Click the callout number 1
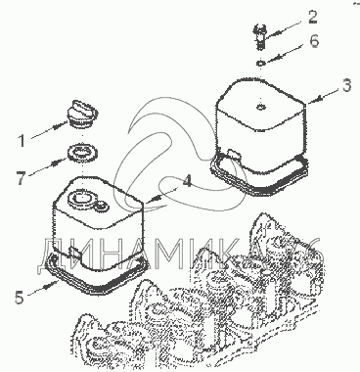pos(22,141)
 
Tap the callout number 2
pos(312,17)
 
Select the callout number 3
pos(346,85)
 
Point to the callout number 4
pos(187,181)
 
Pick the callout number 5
pos(20,297)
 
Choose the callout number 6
pos(313,41)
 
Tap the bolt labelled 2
pos(259,37)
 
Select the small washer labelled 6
pos(260,63)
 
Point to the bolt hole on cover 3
pos(260,107)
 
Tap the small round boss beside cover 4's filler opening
pos(101,206)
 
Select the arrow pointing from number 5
pos(42,289)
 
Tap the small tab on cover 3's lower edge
pos(232,155)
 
